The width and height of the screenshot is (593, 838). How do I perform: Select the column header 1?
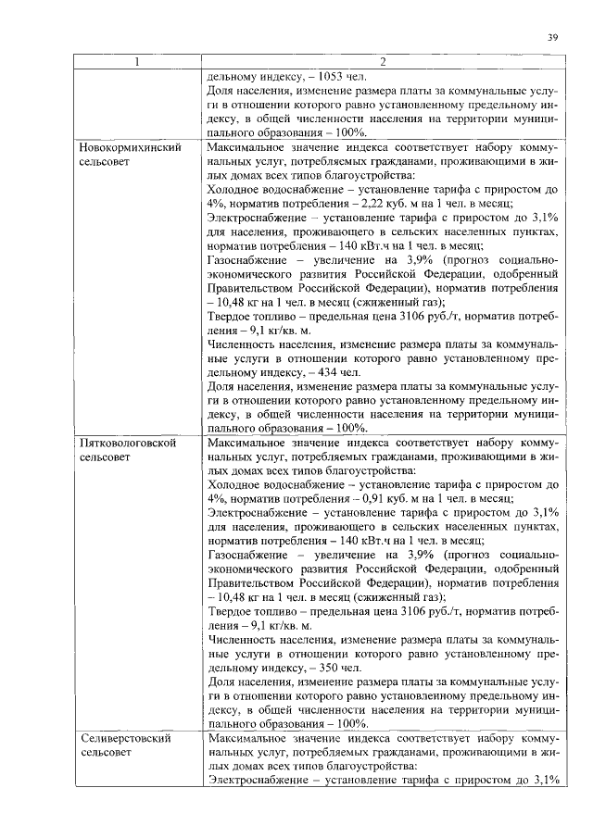coord(137,62)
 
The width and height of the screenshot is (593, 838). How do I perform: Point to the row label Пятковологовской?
coord(127,444)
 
